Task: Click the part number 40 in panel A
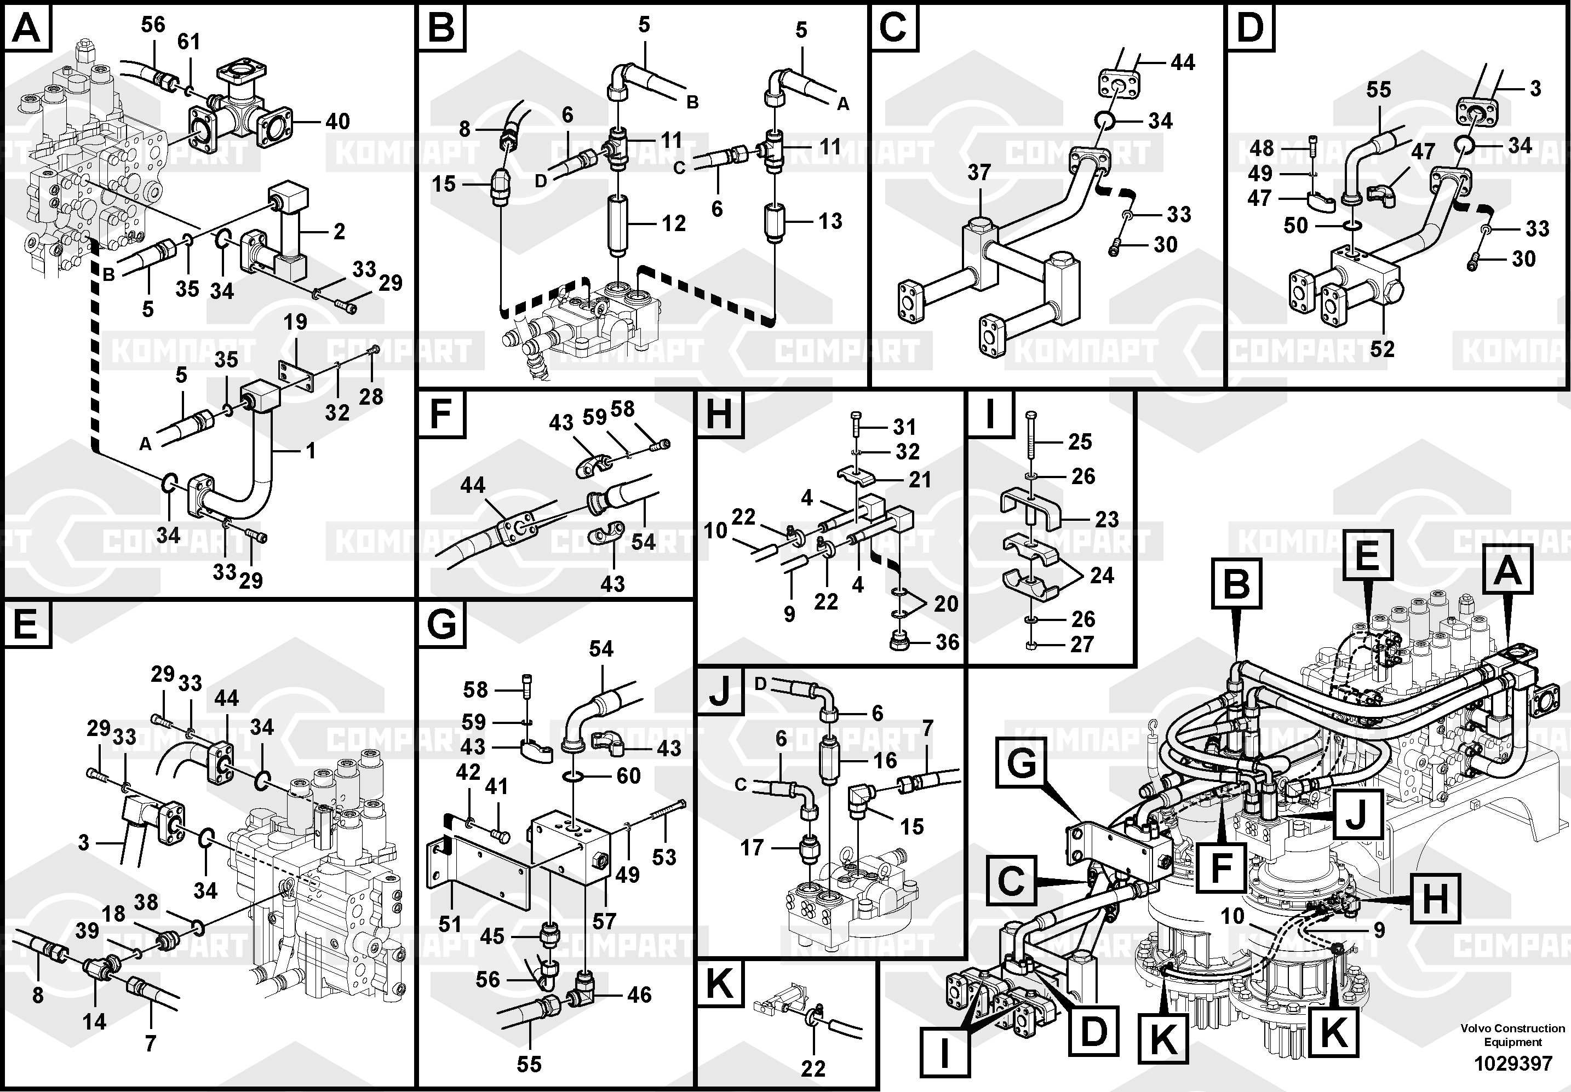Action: [337, 122]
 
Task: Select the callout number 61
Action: [189, 42]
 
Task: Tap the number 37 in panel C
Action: [979, 173]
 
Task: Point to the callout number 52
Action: [1381, 349]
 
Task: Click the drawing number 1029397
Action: [1513, 1064]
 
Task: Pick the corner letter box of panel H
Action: [719, 413]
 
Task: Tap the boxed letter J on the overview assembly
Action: [1356, 814]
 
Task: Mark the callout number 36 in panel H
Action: [947, 642]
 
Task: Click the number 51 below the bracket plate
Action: [450, 924]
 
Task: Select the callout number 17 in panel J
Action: [752, 848]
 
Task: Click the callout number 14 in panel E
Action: [94, 1021]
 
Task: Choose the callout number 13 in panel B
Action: [830, 221]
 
